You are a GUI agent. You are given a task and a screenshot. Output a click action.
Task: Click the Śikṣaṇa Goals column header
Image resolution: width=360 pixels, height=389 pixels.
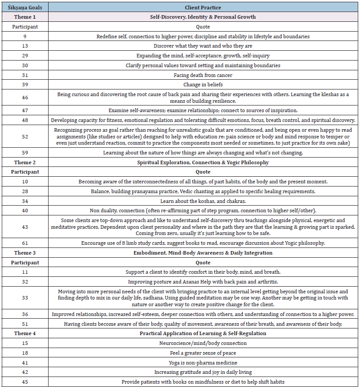[x=25, y=7]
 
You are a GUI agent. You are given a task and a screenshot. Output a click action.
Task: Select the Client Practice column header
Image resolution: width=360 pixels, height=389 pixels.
[x=203, y=7]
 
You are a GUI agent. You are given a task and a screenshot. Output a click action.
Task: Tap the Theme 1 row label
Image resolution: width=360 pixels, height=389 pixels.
[x=25, y=17]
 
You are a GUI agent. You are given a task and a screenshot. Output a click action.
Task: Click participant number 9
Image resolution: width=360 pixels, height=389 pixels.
[x=25, y=36]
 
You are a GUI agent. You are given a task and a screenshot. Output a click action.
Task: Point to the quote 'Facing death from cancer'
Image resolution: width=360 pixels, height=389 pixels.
[x=203, y=75]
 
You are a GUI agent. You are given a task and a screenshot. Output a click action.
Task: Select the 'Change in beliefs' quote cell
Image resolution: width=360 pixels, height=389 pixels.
[x=203, y=85]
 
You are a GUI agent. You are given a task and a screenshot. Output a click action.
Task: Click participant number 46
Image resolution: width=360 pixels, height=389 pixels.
[x=25, y=97]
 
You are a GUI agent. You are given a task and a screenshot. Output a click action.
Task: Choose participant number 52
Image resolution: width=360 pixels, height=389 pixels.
[x=25, y=137]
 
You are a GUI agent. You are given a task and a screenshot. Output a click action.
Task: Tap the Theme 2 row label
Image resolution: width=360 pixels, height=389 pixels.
[x=25, y=162]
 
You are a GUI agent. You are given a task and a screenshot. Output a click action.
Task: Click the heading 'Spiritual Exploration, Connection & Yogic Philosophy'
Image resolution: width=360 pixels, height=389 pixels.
[x=203, y=162]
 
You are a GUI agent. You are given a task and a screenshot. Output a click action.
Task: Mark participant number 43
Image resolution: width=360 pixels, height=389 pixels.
[x=25, y=227]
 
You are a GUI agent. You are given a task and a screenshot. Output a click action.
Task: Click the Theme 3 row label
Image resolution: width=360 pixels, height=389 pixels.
[x=25, y=253]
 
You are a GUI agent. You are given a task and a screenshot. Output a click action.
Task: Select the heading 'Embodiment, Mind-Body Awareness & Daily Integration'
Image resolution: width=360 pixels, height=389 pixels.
[x=203, y=253]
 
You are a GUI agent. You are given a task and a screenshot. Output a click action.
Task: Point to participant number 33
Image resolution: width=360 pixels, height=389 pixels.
[x=25, y=298]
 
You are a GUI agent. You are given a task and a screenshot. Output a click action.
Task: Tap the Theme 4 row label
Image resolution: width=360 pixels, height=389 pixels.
[x=25, y=333]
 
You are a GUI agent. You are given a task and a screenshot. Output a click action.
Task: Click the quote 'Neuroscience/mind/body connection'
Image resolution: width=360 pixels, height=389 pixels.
[x=203, y=343]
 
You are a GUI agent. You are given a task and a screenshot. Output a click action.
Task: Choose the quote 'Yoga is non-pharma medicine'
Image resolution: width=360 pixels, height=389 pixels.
[x=203, y=363]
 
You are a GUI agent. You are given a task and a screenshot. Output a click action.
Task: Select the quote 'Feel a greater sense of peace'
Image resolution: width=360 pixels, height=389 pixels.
[x=203, y=353]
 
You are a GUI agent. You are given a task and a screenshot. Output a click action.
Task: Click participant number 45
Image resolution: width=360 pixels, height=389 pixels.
[x=25, y=382]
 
